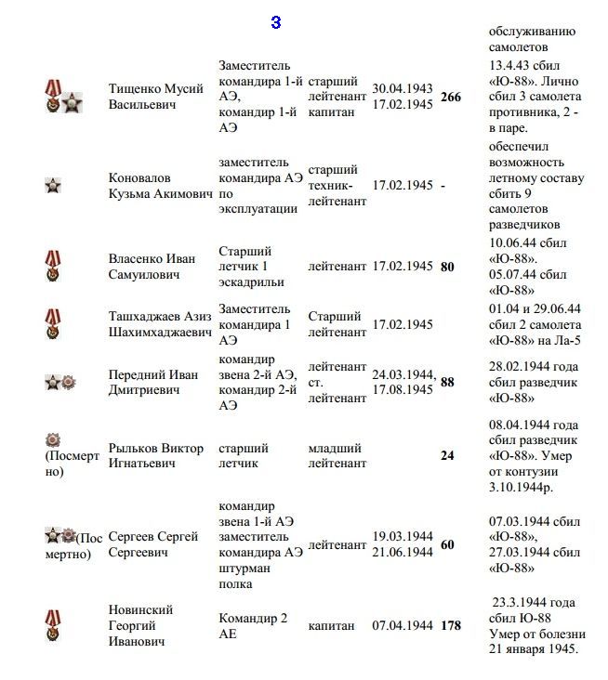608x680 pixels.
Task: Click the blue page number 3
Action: coord(276,23)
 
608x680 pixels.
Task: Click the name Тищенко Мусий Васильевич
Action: coord(156,97)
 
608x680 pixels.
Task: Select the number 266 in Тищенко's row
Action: coord(450,97)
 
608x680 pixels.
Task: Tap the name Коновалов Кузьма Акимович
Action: coord(159,185)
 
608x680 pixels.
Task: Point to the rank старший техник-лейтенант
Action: coord(336,185)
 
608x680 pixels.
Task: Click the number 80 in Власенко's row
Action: coord(447,267)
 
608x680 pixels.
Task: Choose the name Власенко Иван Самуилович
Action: coord(152,267)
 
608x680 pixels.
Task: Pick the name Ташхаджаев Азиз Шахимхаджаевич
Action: coord(161,324)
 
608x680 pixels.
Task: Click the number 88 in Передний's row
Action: coord(447,382)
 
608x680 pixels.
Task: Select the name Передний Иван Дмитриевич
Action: coord(153,383)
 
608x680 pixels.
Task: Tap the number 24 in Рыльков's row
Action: coord(447,456)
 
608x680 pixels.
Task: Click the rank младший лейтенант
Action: coord(337,456)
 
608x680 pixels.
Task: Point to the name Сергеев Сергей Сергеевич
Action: coord(153,544)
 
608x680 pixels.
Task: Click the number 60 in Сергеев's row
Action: coord(447,544)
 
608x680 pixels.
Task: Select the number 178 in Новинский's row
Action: coord(450,626)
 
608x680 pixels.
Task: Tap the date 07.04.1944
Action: coord(403,626)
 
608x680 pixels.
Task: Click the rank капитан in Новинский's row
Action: coord(332,626)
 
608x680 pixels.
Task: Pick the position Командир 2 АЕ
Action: coord(253,625)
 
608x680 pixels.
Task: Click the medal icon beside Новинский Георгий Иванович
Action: coord(53,624)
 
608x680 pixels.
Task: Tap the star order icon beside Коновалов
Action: coord(53,186)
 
